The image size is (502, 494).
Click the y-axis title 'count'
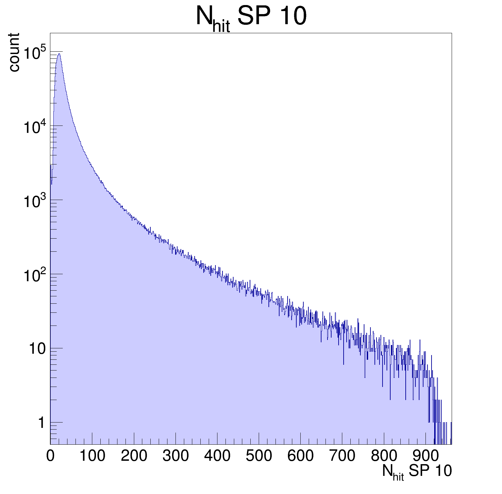tap(14, 52)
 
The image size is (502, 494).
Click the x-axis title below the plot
tap(417, 472)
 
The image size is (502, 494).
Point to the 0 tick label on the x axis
tap(50, 456)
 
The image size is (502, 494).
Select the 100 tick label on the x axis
tap(92, 456)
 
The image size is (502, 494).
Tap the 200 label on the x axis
tap(134, 456)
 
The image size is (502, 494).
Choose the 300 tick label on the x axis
tap(175, 456)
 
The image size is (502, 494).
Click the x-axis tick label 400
tap(217, 456)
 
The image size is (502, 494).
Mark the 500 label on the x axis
tap(259, 456)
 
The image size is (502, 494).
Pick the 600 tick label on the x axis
tap(300, 456)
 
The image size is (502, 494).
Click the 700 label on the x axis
tap(342, 456)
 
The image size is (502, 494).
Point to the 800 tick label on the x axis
tap(384, 456)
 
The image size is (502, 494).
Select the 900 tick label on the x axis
tap(425, 456)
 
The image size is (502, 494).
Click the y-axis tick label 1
tap(41, 423)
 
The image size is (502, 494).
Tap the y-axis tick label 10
tap(37, 349)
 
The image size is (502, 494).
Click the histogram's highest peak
tap(59, 54)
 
